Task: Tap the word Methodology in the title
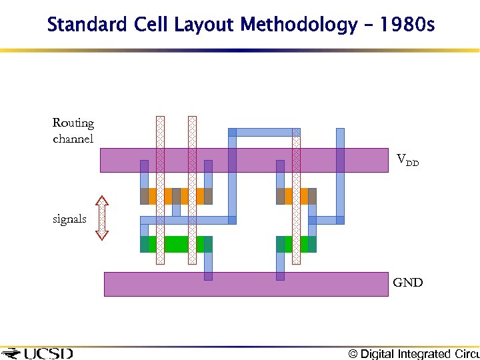point(298,25)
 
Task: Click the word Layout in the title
point(205,25)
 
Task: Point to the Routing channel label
point(73,131)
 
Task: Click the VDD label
point(407,160)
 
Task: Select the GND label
point(407,283)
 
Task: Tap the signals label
point(69,219)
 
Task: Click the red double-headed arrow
point(101,217)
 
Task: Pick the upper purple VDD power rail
point(243,160)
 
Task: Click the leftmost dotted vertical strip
point(160,190)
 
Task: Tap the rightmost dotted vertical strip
point(296,197)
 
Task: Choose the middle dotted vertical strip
point(192,190)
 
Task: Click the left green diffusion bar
point(176,244)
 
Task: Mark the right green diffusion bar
point(296,244)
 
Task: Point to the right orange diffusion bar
point(296,196)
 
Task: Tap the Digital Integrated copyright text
point(413,354)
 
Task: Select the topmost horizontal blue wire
point(264,132)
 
